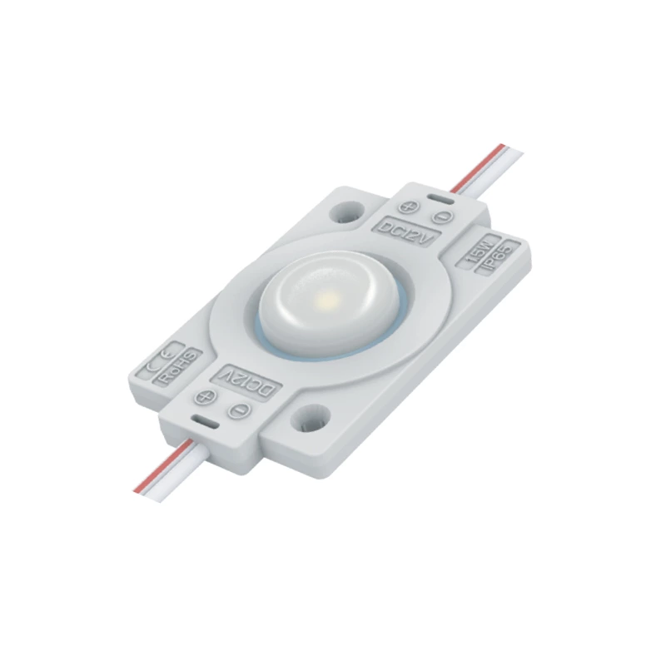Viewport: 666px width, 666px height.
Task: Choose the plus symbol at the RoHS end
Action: tap(206, 398)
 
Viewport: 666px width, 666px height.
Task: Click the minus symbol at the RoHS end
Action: tap(239, 409)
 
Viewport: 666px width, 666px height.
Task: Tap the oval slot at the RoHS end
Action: tap(203, 423)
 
